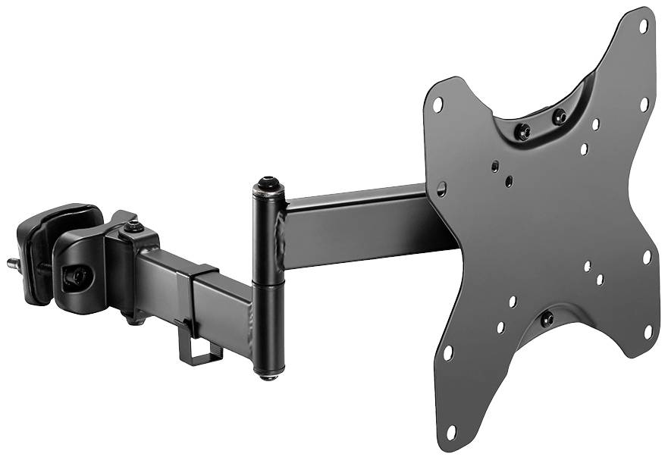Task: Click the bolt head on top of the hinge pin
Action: pyautogui.click(x=266, y=183)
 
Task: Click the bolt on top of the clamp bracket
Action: pyautogui.click(x=134, y=227)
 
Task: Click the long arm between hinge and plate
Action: pyautogui.click(x=356, y=227)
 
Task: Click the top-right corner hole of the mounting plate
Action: pyautogui.click(x=643, y=25)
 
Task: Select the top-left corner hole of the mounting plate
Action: pyautogui.click(x=437, y=106)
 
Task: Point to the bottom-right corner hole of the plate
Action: pyautogui.click(x=649, y=330)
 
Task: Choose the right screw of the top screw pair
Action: pyautogui.click(x=559, y=117)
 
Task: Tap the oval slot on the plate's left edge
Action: pyautogui.click(x=441, y=188)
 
